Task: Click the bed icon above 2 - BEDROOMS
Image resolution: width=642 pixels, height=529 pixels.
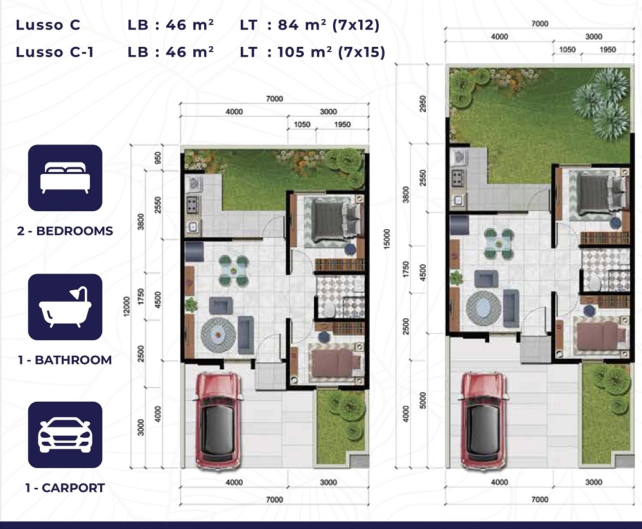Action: (x=65, y=178)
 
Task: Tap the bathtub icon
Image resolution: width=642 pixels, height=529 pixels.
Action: (x=65, y=307)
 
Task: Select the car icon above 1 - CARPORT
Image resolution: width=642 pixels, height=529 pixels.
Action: (x=65, y=435)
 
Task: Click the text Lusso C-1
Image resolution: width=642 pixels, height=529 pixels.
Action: (x=55, y=53)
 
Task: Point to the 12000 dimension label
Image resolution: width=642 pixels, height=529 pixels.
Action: (x=126, y=306)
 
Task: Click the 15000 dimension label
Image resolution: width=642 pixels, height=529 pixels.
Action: (x=387, y=239)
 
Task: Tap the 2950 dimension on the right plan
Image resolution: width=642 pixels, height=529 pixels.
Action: (x=423, y=103)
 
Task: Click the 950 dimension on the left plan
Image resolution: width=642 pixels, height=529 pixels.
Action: (x=158, y=159)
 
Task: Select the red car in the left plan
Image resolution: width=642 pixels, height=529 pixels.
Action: (x=217, y=420)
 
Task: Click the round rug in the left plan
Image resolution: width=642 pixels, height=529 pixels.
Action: (x=218, y=335)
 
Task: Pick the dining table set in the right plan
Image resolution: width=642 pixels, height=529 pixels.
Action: (x=499, y=243)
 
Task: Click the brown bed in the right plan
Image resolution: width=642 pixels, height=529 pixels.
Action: (x=600, y=336)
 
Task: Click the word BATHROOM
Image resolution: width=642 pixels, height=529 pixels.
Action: (x=73, y=360)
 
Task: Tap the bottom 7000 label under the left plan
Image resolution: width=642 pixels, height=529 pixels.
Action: (x=274, y=499)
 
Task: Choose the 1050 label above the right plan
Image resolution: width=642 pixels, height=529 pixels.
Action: (x=568, y=49)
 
